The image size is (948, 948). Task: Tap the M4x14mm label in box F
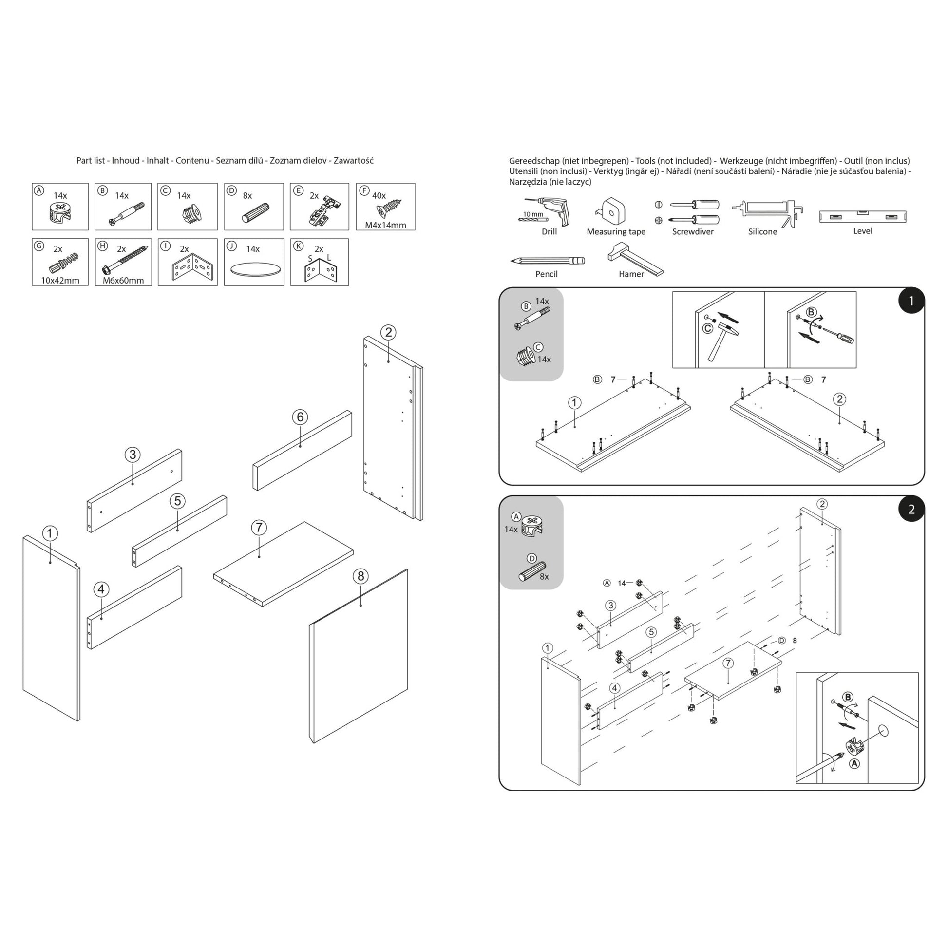coord(385,225)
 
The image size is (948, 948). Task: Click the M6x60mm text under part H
coord(123,281)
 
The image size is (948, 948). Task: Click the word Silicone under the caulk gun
coord(762,231)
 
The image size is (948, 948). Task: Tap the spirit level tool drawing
coord(862,216)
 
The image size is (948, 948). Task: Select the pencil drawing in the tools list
coord(547,260)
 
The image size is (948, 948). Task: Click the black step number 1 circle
coord(911,301)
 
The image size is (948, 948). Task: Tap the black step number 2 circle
coord(911,509)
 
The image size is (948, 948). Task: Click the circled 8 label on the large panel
coord(360,576)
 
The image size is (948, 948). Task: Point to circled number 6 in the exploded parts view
coord(300,417)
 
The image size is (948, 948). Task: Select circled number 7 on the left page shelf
coord(259,528)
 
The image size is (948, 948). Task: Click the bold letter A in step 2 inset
coord(854,763)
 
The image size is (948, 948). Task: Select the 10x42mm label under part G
coord(60,281)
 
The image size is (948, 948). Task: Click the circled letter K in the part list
coord(297,246)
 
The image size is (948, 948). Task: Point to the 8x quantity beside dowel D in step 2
coord(544,577)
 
